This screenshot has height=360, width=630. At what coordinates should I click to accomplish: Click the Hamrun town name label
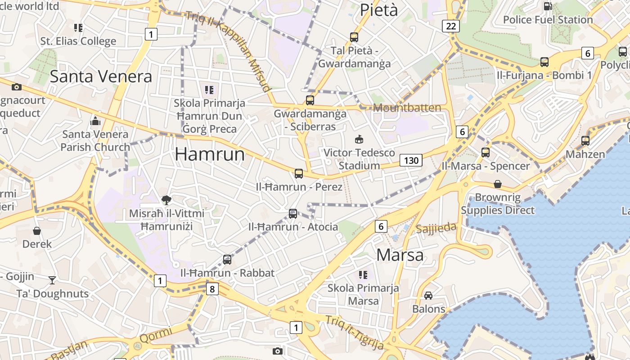pyautogui.click(x=210, y=154)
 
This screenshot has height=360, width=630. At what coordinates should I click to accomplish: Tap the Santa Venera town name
pyautogui.click(x=101, y=76)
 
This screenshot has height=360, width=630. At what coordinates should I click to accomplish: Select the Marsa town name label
pyautogui.click(x=400, y=255)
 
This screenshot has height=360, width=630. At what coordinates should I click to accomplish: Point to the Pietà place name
pyautogui.click(x=379, y=10)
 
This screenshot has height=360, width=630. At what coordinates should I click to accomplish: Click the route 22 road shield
pyautogui.click(x=451, y=26)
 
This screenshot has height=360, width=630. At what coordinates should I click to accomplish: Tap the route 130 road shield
pyautogui.click(x=411, y=160)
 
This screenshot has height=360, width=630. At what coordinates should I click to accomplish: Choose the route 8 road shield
pyautogui.click(x=212, y=288)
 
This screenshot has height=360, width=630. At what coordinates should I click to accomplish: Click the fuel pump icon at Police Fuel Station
pyautogui.click(x=548, y=6)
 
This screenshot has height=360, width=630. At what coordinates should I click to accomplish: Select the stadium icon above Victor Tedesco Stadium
pyautogui.click(x=359, y=139)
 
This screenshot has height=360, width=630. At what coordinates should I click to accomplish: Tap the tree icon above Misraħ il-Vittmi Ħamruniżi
pyautogui.click(x=166, y=200)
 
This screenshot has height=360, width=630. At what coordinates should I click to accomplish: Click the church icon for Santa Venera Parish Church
pyautogui.click(x=95, y=121)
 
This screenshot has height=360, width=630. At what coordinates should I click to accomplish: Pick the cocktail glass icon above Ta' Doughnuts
pyautogui.click(x=52, y=280)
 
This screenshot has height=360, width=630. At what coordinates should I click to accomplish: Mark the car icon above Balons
pyautogui.click(x=428, y=296)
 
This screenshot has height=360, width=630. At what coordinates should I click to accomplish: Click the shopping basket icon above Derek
pyautogui.click(x=37, y=231)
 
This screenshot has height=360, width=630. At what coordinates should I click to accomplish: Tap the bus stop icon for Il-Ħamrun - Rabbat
pyautogui.click(x=227, y=260)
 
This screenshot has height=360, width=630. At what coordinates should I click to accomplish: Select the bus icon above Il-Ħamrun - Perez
pyautogui.click(x=299, y=173)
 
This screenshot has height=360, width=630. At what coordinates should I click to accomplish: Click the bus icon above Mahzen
pyautogui.click(x=585, y=141)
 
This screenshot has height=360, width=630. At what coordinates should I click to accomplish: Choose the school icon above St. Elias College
pyautogui.click(x=78, y=28)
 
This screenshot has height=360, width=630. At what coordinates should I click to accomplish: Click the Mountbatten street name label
pyautogui.click(x=407, y=108)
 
